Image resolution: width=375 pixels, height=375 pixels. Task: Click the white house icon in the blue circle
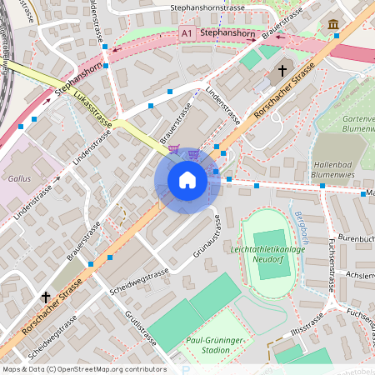pos(187,180)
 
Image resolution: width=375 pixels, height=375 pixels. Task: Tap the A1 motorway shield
pos(188,33)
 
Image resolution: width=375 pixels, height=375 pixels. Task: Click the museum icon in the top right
pos(334,23)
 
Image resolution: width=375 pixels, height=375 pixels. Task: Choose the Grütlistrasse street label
pos(140,327)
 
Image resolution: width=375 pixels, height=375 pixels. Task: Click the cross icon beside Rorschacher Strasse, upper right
pos(282,71)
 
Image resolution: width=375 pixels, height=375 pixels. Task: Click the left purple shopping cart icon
pos(173,148)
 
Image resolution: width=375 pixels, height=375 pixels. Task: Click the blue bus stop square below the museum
pos(335,36)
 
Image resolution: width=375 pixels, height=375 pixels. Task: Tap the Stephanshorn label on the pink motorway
pos(228,33)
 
